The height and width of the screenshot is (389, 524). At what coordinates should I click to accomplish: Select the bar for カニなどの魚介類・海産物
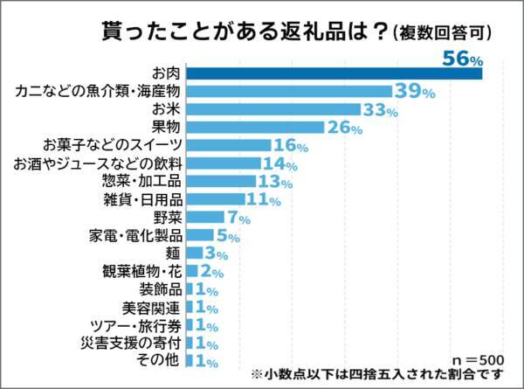tap(288, 91)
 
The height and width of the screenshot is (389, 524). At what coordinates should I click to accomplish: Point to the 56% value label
tap(463, 58)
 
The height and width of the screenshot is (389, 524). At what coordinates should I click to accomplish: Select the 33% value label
tap(380, 109)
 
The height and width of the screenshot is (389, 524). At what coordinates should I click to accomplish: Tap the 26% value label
tap(343, 128)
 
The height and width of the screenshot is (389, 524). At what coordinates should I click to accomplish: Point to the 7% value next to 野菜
tap(238, 218)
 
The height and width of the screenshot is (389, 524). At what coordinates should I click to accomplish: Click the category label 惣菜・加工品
tap(141, 181)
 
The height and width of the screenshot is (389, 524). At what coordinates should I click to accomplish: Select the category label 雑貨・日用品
tap(142, 199)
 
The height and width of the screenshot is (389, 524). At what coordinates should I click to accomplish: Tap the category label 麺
tap(174, 254)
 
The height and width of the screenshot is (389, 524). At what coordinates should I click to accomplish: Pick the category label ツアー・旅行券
tap(139, 326)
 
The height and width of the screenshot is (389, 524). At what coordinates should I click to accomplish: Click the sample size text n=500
tap(478, 359)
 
